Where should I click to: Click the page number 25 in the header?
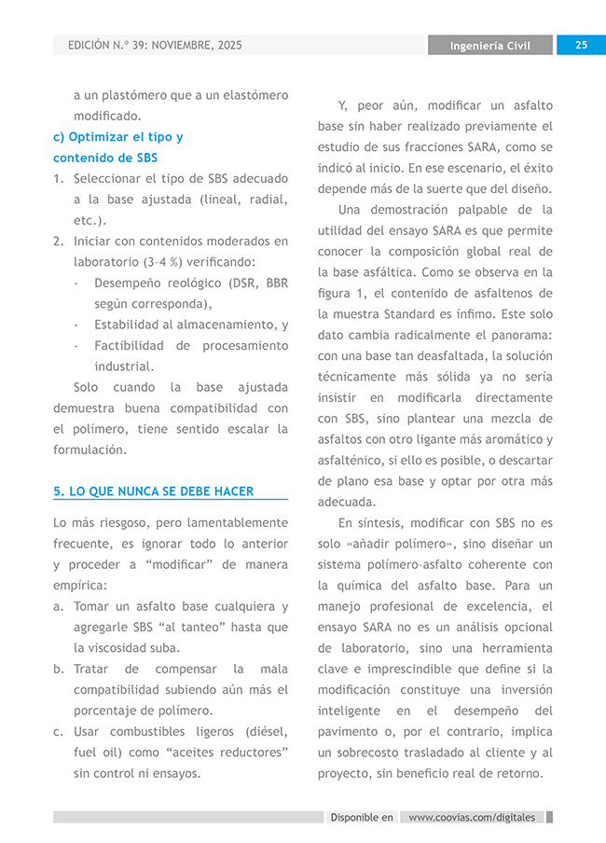[581, 45]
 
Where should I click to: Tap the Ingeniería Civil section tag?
[489, 46]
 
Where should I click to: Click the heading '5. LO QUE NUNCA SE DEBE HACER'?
[154, 491]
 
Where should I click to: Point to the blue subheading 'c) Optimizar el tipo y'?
[118, 137]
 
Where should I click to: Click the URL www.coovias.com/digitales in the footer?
[473, 817]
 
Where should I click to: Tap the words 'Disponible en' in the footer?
[362, 817]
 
